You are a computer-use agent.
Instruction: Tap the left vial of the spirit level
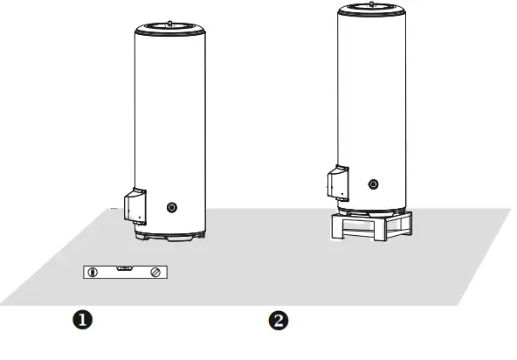(x=92, y=273)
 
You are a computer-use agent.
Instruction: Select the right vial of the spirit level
(x=154, y=273)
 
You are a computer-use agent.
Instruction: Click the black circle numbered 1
(x=83, y=320)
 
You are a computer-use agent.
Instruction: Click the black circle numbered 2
(x=279, y=321)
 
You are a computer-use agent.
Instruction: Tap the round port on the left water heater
(x=171, y=208)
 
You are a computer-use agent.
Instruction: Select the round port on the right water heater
(x=374, y=184)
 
